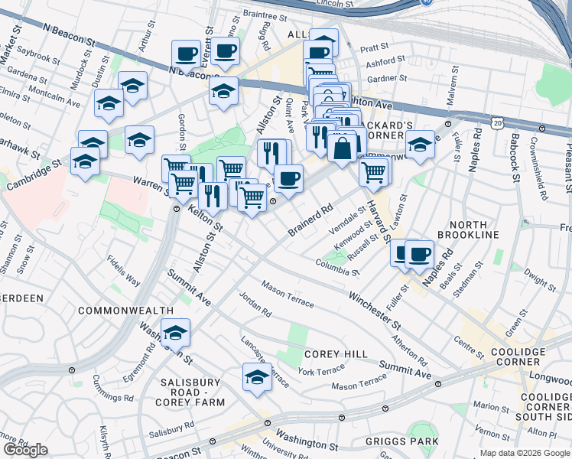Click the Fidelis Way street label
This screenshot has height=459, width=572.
click(124, 270)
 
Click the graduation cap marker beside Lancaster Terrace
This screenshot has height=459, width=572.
click(257, 376)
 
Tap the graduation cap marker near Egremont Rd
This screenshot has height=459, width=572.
click(175, 332)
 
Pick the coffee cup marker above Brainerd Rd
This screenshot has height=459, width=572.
click(288, 179)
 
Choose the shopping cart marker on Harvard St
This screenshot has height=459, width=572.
click(373, 172)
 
